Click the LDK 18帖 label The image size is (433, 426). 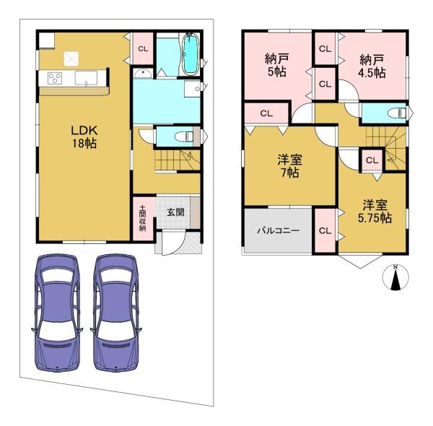click(84, 136)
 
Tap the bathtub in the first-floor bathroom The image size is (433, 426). click(190, 54)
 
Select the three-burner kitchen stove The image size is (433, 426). click(55, 78)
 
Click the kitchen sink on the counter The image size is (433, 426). click(86, 78)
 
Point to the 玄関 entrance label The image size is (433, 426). click(175, 212)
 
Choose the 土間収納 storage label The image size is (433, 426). click(142, 218)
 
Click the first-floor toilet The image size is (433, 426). click(185, 136)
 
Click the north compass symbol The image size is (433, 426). click(395, 277)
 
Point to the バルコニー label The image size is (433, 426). click(279, 230)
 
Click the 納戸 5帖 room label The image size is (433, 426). click(276, 66)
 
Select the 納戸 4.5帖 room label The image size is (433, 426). click(372, 66)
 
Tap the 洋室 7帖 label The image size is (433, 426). click(289, 166)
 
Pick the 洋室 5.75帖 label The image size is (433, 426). click(375, 212)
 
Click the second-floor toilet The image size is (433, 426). click(396, 113)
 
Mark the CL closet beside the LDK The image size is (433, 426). click(143, 49)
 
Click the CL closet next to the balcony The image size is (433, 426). click(325, 230)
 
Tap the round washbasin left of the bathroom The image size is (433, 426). click(142, 73)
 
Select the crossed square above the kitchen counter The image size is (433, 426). click(71, 58)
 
